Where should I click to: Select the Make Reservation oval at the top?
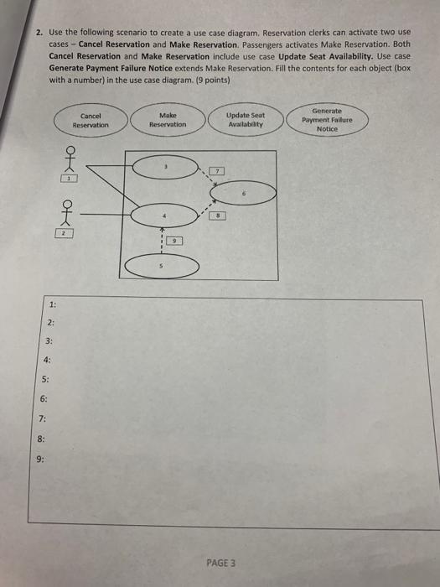167,119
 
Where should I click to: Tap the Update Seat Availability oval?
245,119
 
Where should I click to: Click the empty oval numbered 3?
164,168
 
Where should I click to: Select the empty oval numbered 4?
163,218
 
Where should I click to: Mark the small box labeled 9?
175,241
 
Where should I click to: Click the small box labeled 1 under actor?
73,179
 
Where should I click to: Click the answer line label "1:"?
53,307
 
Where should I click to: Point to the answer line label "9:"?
41,459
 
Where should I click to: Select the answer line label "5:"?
46,382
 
